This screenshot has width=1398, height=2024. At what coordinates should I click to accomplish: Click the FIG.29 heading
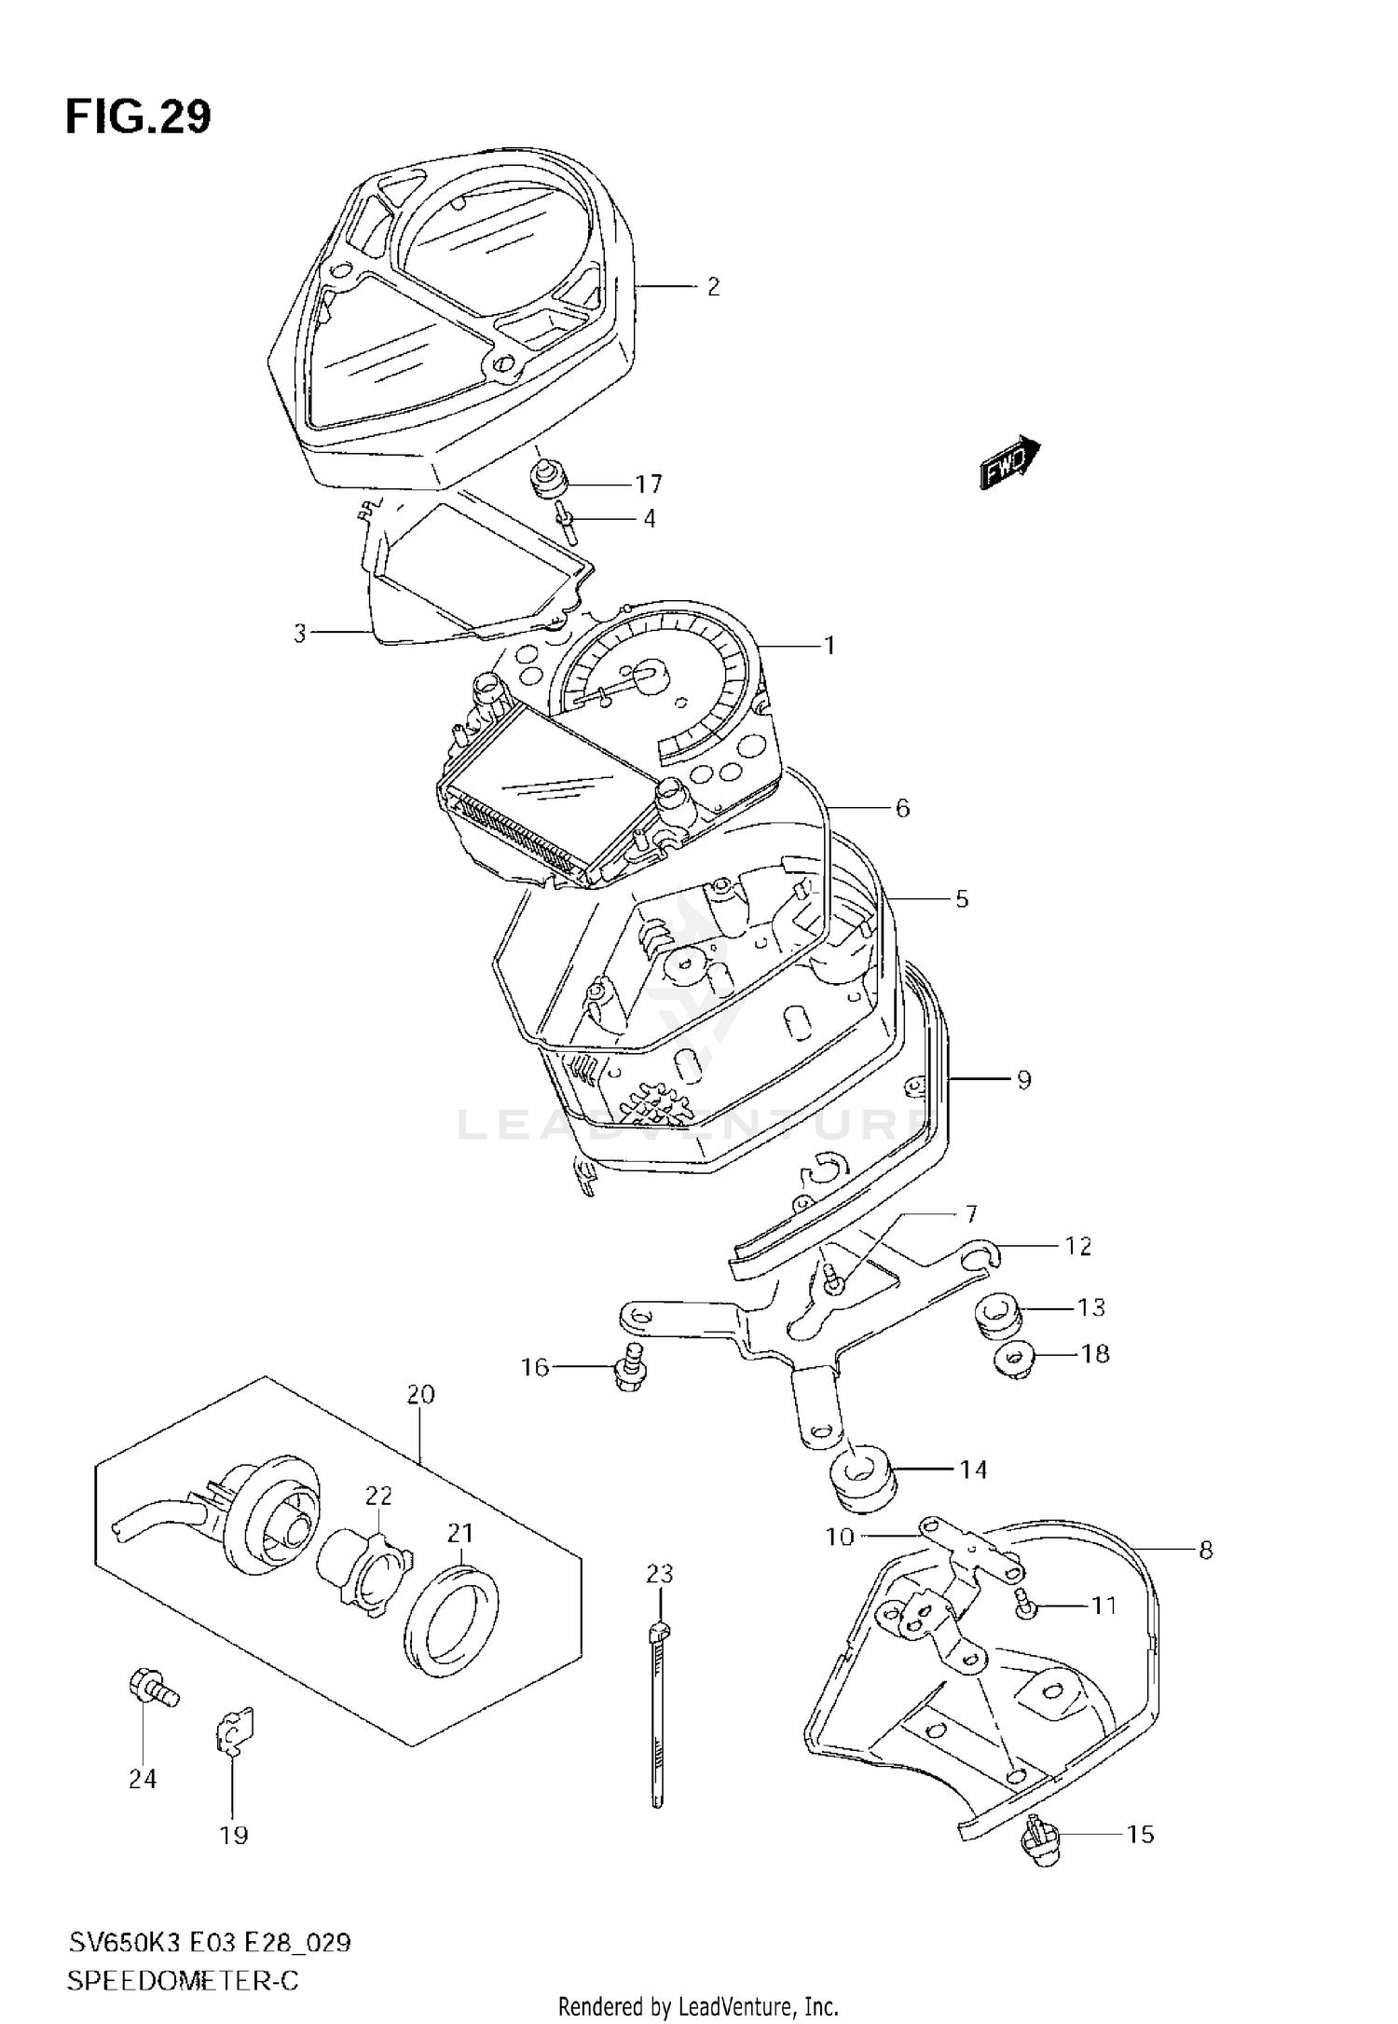(138, 117)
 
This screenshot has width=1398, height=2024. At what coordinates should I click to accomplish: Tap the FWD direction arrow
(1009, 459)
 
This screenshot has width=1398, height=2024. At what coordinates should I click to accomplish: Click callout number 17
(649, 485)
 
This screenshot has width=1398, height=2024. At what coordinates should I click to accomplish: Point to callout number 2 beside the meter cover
(713, 287)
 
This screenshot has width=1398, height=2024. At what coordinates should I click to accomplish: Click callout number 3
(299, 635)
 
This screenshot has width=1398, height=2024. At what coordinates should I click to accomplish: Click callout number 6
(902, 808)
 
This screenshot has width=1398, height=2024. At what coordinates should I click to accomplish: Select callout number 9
(1023, 1080)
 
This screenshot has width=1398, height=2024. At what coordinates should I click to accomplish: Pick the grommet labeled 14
(862, 1481)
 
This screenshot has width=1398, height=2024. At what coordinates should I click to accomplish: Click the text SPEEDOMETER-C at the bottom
(183, 1981)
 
